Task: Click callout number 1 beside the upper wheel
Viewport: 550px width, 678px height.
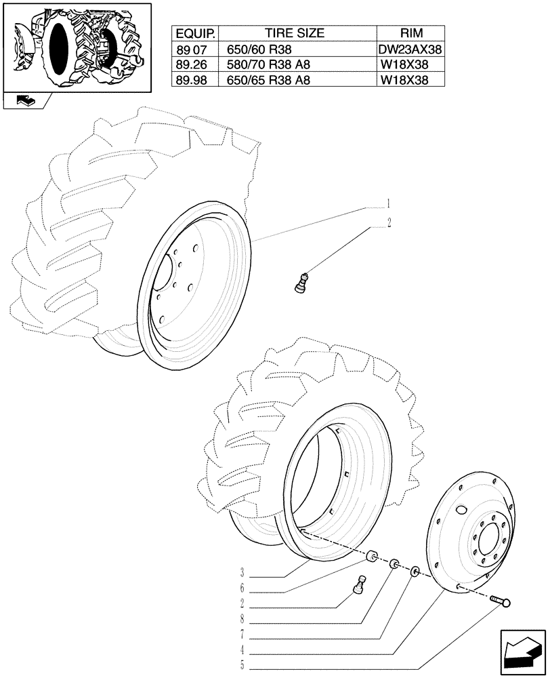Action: (389, 203)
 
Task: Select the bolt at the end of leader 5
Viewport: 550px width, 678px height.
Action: (501, 601)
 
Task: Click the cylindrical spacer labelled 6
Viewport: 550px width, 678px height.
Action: (371, 557)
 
